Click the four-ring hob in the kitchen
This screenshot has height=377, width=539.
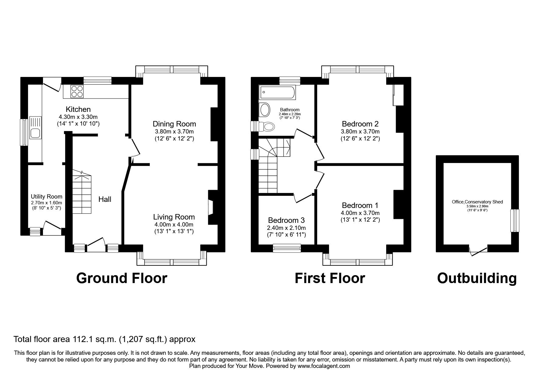tap(77, 91)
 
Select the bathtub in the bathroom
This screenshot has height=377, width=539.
tap(277, 93)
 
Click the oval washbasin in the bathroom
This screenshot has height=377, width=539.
tap(264, 109)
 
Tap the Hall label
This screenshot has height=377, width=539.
tap(105, 199)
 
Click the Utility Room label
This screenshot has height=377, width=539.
tap(47, 197)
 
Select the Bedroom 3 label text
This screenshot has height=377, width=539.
tap(286, 220)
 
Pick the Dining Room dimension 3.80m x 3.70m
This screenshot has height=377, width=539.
tap(174, 132)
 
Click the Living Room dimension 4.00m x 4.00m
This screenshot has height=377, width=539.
tap(174, 225)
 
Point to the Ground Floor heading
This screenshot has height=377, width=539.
tap(122, 278)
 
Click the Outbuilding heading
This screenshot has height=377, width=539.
tap(477, 278)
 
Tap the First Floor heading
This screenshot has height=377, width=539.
tap(330, 278)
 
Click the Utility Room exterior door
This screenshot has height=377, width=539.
tap(52, 229)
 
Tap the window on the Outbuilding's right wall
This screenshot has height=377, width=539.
tap(515, 220)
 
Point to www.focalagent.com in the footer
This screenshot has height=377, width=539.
tap(324, 366)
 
